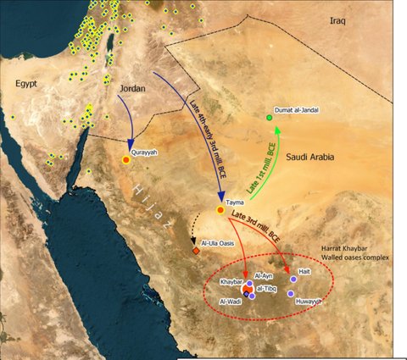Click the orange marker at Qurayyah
[x=126, y=159]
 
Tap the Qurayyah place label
[x=147, y=154]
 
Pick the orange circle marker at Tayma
[x=221, y=209]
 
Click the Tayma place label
[x=237, y=203]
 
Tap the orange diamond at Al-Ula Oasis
[x=196, y=251]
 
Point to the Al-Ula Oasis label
[x=218, y=244]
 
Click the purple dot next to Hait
[x=293, y=279]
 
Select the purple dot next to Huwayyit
[x=290, y=294]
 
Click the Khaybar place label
[x=231, y=280]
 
